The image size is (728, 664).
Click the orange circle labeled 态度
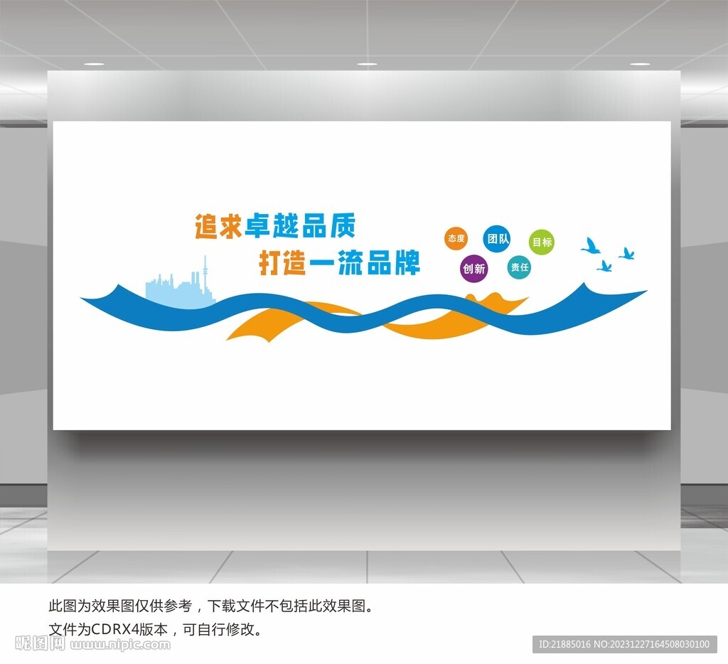click(x=456, y=238)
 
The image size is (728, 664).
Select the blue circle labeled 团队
click(x=497, y=239)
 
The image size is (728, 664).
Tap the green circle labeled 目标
click(x=541, y=242)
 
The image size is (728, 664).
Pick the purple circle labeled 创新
click(x=474, y=269)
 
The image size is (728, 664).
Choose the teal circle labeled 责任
click(x=519, y=267)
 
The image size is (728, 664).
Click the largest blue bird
click(x=591, y=246)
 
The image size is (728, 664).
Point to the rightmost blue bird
click(x=627, y=254)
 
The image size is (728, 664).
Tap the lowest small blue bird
click(x=604, y=266)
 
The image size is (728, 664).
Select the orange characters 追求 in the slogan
click(x=218, y=226)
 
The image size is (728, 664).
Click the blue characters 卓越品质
click(x=300, y=225)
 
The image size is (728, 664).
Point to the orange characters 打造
click(x=282, y=263)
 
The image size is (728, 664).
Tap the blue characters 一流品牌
click(x=365, y=262)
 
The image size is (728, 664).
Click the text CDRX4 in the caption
click(x=115, y=629)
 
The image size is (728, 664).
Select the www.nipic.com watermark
click(x=120, y=644)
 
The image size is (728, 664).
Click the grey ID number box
click(x=624, y=644)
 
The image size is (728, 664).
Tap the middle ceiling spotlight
click(x=367, y=63)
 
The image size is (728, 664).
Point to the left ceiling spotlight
click(x=95, y=63)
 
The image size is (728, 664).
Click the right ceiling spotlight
click(x=640, y=63)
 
